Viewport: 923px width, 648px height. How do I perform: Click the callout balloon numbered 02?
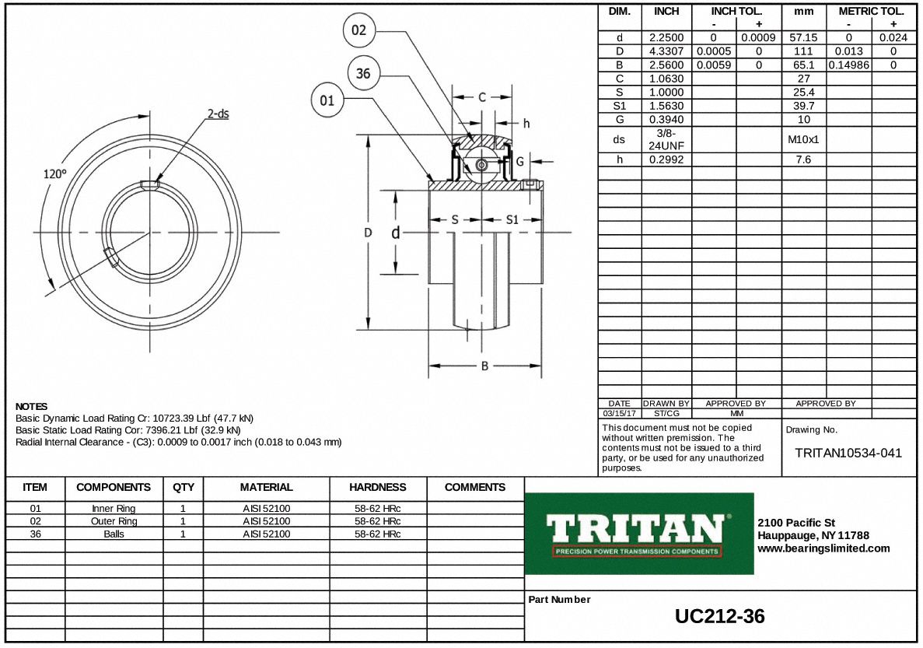click(x=358, y=31)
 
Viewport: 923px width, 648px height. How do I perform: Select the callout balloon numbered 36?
click(x=363, y=75)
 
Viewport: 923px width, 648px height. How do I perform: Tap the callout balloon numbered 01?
click(x=327, y=100)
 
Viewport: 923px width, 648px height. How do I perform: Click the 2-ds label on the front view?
click(x=218, y=114)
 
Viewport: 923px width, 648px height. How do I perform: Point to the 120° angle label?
click(x=54, y=174)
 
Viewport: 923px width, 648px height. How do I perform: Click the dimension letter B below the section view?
click(x=484, y=366)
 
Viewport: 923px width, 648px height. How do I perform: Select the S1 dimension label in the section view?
click(x=512, y=220)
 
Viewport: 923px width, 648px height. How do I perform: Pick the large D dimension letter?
click(x=368, y=233)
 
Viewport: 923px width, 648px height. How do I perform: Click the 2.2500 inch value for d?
click(x=666, y=37)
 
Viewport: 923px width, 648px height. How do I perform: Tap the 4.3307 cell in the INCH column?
click(x=666, y=51)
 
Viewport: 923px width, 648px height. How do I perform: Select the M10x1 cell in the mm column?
click(x=803, y=139)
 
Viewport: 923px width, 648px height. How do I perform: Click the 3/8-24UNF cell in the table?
click(x=666, y=139)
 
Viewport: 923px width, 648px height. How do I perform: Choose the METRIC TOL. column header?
click(x=871, y=12)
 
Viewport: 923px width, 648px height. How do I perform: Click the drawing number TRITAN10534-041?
click(x=848, y=453)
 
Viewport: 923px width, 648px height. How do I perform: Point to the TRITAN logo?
click(x=639, y=534)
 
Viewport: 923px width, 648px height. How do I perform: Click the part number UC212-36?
click(x=719, y=617)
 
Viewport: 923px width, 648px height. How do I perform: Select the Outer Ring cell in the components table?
click(x=114, y=521)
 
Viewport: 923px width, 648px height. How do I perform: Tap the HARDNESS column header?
click(x=377, y=488)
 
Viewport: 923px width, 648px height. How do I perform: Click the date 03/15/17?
click(x=620, y=414)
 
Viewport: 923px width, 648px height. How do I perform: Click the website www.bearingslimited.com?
click(x=823, y=548)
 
